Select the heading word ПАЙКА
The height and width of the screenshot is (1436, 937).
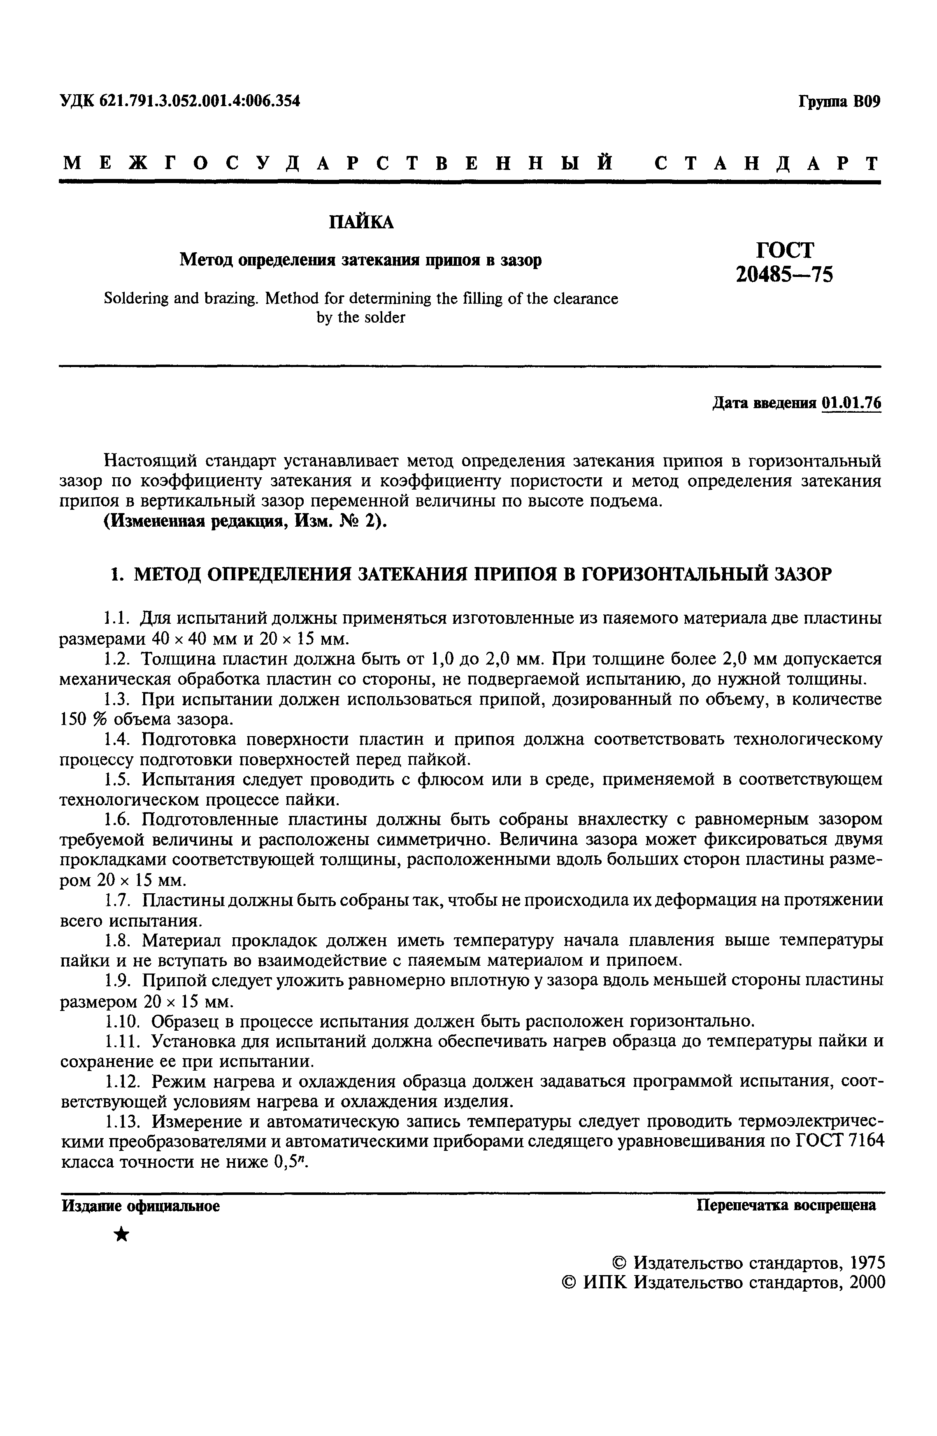tap(361, 223)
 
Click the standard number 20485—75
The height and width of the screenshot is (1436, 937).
tap(784, 274)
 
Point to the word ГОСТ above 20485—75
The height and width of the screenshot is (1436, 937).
tap(784, 249)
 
